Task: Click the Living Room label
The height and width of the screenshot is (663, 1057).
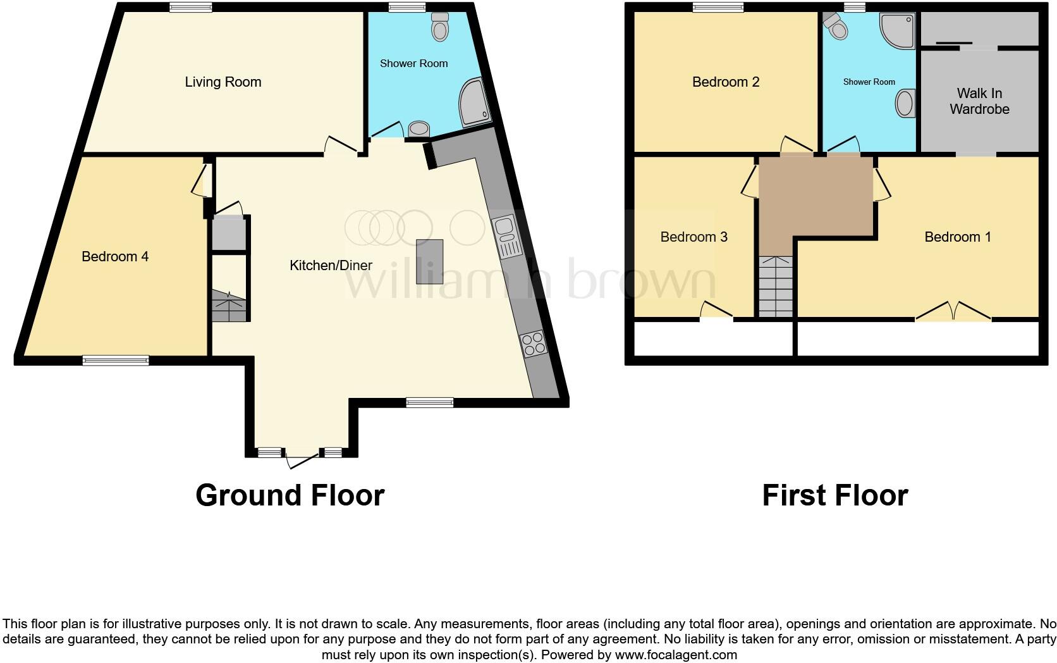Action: tap(223, 82)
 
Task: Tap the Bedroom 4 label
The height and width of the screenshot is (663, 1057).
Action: tap(115, 256)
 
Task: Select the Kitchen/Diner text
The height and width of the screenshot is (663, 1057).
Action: tap(331, 265)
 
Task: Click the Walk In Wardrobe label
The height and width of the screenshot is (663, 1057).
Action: tap(979, 101)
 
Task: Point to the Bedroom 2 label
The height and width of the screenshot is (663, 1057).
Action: tap(725, 82)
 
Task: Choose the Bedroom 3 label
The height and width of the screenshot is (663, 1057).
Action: tap(693, 237)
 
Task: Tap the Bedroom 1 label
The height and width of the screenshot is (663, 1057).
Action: tap(957, 237)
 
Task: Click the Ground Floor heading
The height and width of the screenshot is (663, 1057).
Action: tap(290, 495)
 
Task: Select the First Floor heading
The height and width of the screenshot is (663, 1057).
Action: tap(834, 495)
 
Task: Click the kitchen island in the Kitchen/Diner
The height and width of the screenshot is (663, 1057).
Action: tap(429, 261)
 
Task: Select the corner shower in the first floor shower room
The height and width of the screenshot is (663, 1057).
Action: tap(898, 30)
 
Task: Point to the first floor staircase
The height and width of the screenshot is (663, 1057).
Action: tap(775, 286)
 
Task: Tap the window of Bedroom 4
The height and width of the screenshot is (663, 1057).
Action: tap(116, 361)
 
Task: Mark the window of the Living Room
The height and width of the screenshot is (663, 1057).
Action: tap(190, 7)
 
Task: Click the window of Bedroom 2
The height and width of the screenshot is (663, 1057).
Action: tap(718, 7)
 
